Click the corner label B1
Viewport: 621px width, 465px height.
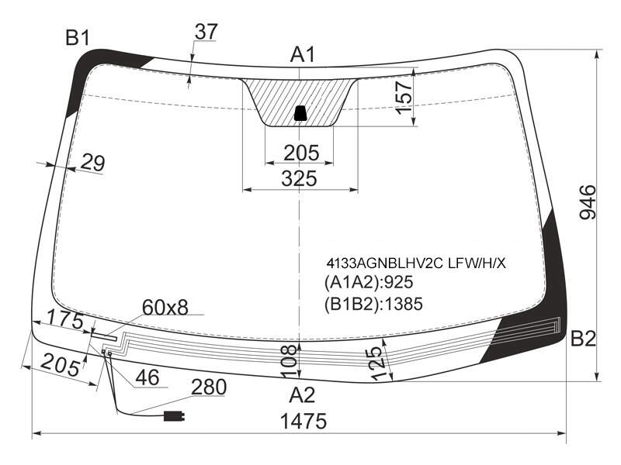(x=78, y=38)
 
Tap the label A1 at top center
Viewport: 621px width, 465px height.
(x=303, y=54)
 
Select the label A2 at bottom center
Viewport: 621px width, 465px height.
(x=302, y=395)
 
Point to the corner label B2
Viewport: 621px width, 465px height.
(x=583, y=339)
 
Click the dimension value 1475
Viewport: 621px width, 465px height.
(x=304, y=421)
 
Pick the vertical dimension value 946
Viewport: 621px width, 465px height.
(x=588, y=201)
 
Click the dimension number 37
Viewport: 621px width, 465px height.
(x=206, y=32)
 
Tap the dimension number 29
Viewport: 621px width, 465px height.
(x=93, y=162)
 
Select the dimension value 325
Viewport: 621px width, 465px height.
(x=300, y=178)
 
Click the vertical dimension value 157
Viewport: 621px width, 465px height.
(x=404, y=98)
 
